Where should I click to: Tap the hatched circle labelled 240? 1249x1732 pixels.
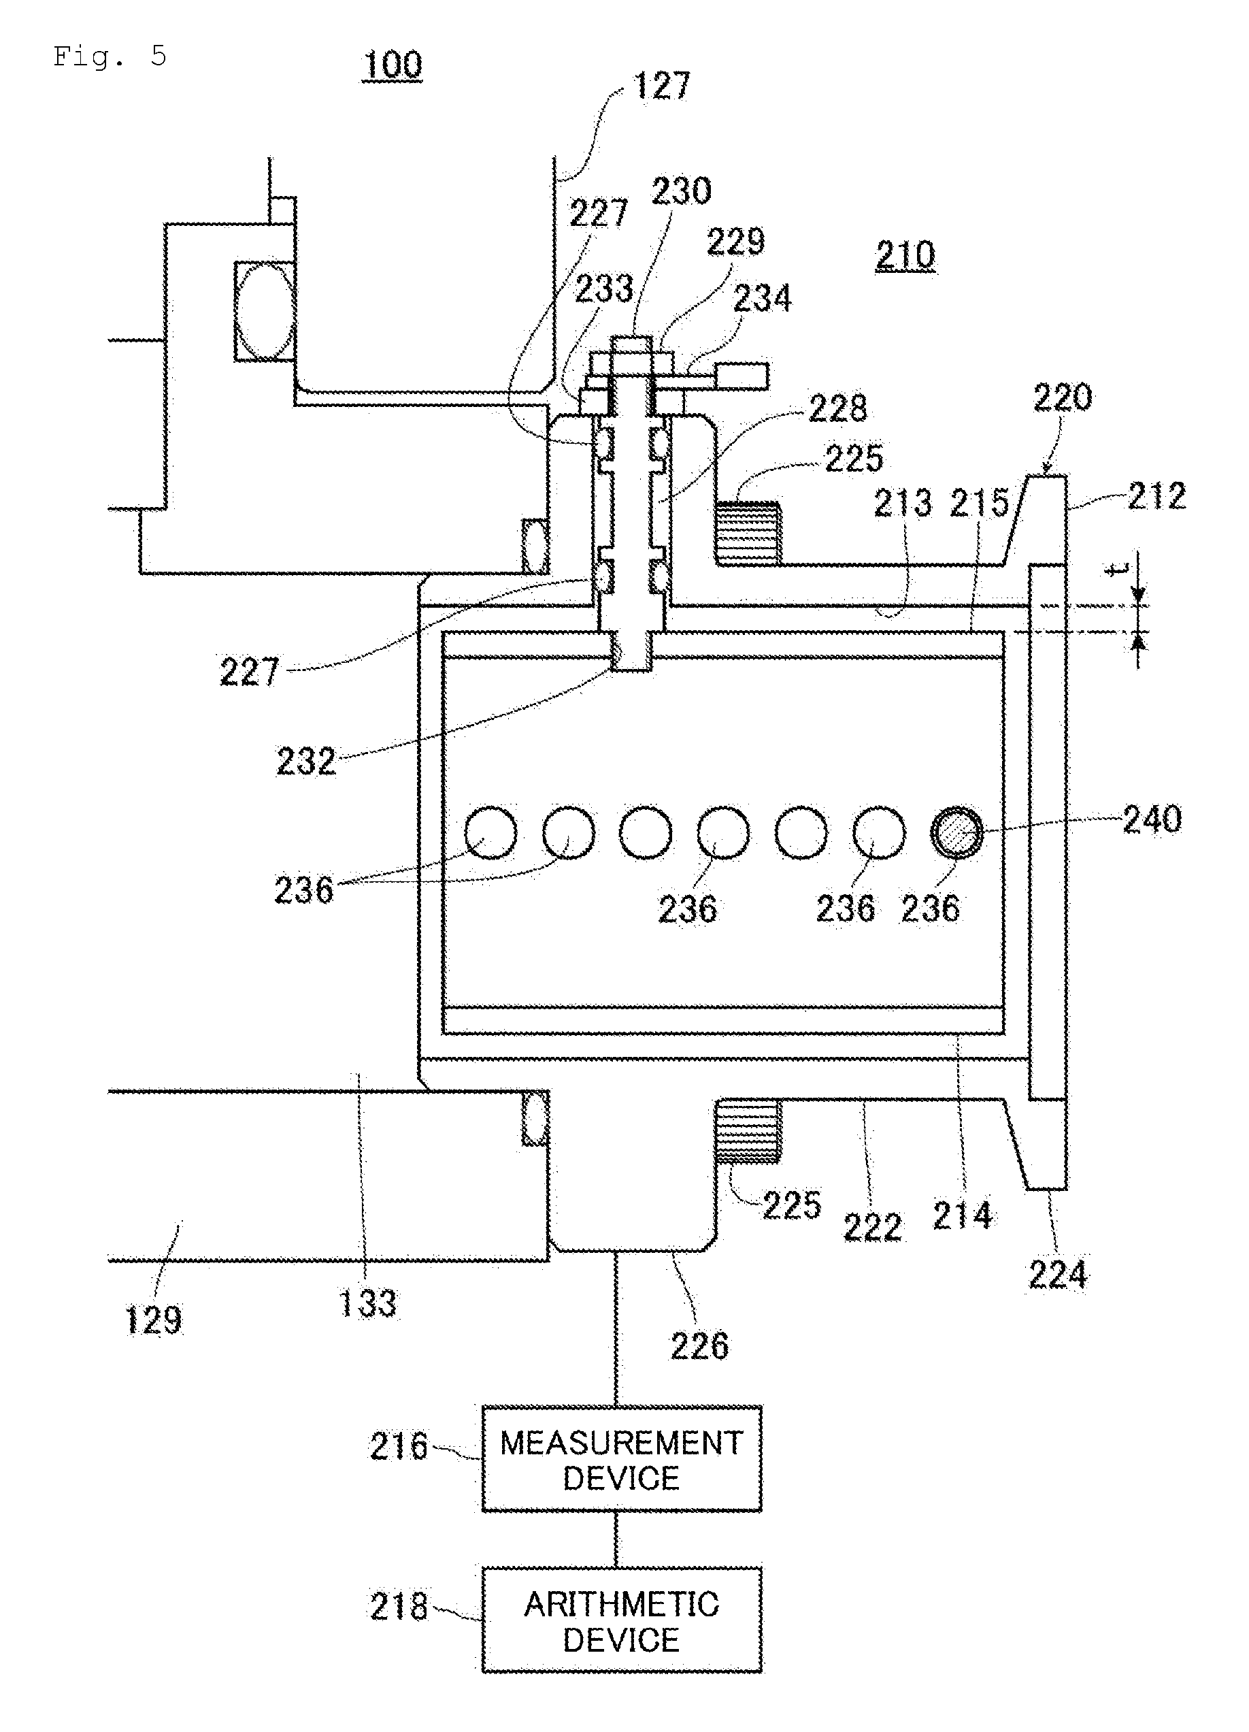[956, 832]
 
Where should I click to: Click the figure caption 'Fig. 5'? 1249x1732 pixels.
[109, 56]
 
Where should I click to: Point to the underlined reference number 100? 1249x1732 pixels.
[393, 65]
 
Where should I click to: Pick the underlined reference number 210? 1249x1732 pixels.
[905, 255]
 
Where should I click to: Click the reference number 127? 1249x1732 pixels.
[662, 86]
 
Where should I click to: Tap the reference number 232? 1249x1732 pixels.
[306, 761]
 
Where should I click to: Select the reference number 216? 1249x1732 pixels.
[399, 1446]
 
